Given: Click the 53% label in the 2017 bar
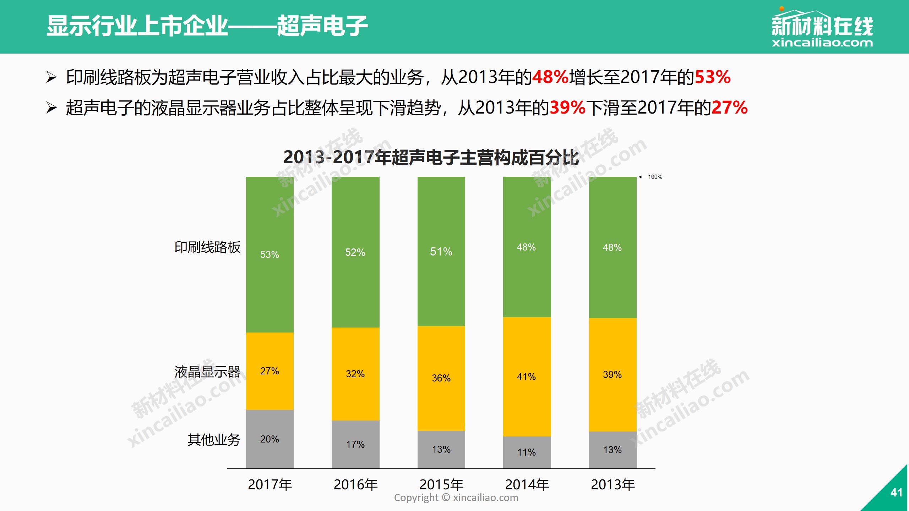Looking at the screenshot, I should coord(270,254).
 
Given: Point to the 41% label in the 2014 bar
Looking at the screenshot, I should coord(526,377).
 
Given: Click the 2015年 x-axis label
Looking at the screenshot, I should coord(441,484).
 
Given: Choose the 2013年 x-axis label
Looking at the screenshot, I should coord(613,484).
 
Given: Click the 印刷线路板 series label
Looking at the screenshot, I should coord(207,247).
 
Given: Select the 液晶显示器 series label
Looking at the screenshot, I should coord(207,372).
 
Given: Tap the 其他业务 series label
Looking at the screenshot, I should coord(214,440).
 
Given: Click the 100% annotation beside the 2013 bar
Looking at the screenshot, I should coord(655,177).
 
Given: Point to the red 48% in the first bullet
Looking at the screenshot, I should coord(550,77).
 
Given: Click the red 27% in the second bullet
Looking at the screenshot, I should coord(730,108).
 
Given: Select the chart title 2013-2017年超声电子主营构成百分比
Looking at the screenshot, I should coord(431,157).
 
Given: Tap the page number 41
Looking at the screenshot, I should coord(896,493).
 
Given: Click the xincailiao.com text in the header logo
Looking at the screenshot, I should coord(822,43).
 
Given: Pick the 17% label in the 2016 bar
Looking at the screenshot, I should coord(355,444).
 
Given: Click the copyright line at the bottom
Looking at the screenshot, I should coord(456,498).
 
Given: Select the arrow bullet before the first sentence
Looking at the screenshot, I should coord(51,77).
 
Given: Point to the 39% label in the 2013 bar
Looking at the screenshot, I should coord(612,374).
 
